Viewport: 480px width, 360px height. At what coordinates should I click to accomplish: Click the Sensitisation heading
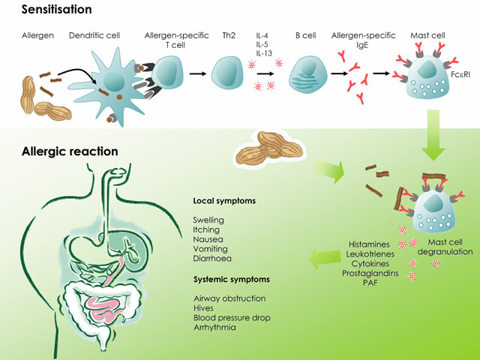click(57, 10)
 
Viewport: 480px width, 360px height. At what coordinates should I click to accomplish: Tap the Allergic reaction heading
click(70, 151)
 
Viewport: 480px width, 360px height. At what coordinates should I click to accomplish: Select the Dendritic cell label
click(94, 35)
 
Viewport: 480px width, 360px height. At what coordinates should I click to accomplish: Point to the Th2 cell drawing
click(227, 73)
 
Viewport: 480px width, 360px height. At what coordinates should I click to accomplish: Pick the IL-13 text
click(264, 53)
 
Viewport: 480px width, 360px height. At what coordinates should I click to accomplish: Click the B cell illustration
click(308, 74)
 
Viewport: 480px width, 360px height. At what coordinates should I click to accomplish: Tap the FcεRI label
click(460, 74)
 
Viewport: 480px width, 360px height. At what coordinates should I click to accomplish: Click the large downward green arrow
click(433, 135)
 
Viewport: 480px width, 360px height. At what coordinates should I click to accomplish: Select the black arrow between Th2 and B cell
click(265, 73)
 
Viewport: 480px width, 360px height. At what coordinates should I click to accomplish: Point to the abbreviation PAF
click(370, 283)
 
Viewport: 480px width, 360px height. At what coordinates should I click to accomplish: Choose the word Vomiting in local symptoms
click(210, 249)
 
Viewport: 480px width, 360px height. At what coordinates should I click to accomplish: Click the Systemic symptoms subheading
click(232, 280)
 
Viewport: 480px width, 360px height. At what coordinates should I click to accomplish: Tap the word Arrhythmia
click(215, 328)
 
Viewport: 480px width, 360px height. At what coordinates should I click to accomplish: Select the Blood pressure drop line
click(232, 318)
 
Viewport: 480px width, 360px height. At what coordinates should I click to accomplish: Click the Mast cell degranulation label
click(445, 247)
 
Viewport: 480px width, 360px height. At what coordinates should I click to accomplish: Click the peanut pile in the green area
click(270, 147)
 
